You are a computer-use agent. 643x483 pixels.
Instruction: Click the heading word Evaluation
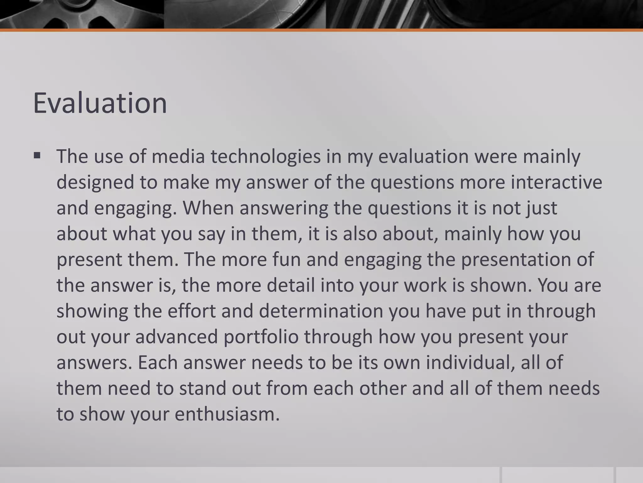click(x=100, y=103)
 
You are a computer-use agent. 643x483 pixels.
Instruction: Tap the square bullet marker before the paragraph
click(x=37, y=155)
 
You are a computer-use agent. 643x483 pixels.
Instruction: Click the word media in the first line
click(x=178, y=157)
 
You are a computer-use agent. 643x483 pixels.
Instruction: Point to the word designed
click(x=95, y=182)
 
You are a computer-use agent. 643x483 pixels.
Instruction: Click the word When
click(x=208, y=208)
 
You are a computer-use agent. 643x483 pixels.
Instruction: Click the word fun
click(x=286, y=260)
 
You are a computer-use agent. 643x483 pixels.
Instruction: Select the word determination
click(x=321, y=311)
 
